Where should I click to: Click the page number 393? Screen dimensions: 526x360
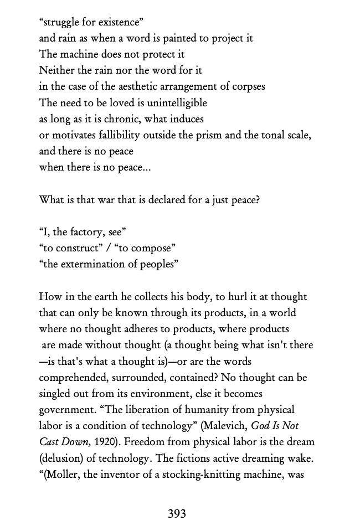point(177,514)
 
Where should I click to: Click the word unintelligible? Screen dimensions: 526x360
point(169,103)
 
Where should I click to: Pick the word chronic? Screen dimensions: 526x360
point(120,119)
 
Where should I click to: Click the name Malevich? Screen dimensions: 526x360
point(224,426)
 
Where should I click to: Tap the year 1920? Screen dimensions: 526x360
point(84,442)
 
